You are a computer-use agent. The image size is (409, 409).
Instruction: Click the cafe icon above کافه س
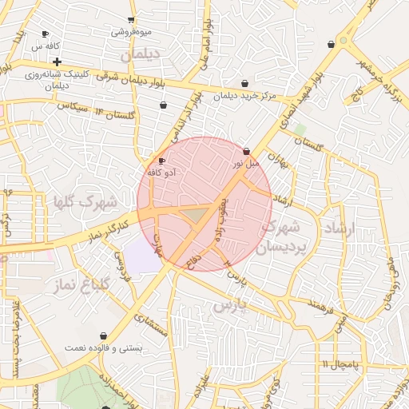tap(45, 34)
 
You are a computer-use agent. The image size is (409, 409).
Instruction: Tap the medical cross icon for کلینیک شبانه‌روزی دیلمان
tap(57, 62)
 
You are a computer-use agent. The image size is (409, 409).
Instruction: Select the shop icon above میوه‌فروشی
tap(132, 20)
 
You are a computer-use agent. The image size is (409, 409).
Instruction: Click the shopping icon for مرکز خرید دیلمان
tap(244, 83)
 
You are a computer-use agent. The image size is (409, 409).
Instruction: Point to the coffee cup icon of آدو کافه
tap(162, 161)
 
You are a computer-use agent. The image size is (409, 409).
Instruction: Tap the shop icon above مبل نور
tap(246, 150)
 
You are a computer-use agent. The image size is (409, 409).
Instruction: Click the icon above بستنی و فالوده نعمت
tap(103, 336)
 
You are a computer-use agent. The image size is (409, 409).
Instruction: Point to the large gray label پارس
tap(232, 305)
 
